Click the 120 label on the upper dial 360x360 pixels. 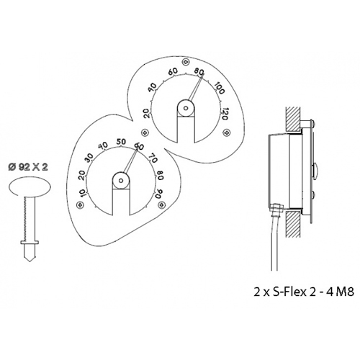[x=224, y=114]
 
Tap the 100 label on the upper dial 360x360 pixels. [x=219, y=89]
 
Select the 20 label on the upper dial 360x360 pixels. [x=147, y=113]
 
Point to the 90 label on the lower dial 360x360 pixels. [x=159, y=194]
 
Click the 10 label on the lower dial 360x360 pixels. [x=81, y=193]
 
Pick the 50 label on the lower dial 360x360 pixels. [x=121, y=142]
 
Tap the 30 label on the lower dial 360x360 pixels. [x=89, y=157]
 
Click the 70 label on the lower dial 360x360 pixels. [x=153, y=158]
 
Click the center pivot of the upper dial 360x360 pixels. [x=186, y=108]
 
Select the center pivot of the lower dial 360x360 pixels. [x=121, y=181]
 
